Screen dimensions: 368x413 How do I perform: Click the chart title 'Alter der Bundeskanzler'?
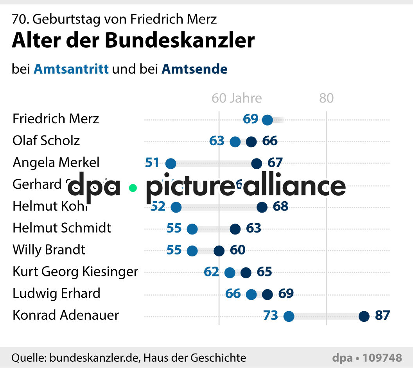[133, 40]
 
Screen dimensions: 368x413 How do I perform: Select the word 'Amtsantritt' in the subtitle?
[71, 69]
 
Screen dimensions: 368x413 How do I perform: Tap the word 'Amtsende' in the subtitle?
[194, 69]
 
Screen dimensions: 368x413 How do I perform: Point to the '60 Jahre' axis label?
[237, 98]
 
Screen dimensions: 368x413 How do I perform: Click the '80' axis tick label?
[326, 98]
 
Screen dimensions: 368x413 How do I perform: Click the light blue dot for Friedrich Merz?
[267, 120]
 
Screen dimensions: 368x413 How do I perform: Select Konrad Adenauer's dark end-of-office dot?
[364, 316]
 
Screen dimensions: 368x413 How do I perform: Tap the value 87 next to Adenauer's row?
[382, 315]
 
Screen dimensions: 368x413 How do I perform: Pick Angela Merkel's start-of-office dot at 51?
[171, 164]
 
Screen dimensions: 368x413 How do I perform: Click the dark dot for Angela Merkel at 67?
[257, 164]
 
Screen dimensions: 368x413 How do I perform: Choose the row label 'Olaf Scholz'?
[46, 141]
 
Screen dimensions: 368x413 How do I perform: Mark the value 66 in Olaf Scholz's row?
[270, 141]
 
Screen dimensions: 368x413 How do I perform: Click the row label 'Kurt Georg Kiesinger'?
[75, 271]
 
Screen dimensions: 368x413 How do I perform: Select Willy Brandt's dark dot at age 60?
[219, 251]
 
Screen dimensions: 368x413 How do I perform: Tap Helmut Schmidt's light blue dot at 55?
[192, 229]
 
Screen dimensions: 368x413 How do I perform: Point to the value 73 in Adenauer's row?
[271, 315]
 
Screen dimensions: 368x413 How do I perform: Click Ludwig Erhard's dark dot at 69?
[267, 294]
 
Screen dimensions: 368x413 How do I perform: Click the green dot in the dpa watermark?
[133, 188]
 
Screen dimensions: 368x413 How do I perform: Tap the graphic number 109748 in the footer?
[382, 357]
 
